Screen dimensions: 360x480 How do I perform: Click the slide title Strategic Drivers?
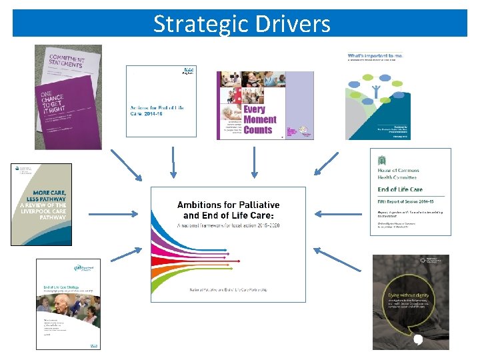click(241, 23)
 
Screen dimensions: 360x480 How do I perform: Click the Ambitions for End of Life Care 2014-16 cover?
click(161, 101)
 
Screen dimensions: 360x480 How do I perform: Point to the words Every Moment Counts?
click(259, 119)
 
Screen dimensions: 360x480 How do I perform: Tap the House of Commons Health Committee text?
click(398, 173)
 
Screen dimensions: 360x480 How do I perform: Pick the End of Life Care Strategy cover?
click(68, 303)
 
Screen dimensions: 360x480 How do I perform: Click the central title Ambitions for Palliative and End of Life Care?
click(227, 210)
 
